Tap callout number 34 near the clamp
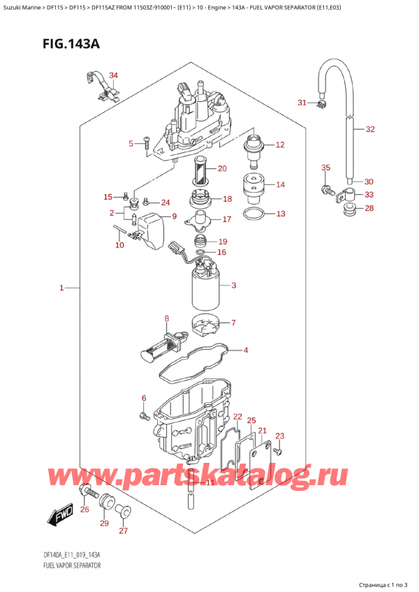[x=114, y=75]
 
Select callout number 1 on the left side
[x=61, y=288]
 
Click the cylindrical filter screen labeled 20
[x=200, y=170]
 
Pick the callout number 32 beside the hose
[x=370, y=129]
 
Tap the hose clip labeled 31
[x=321, y=105]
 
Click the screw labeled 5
[x=146, y=145]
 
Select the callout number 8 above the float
[x=166, y=320]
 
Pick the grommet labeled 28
[x=348, y=209]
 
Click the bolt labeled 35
[x=326, y=188]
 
